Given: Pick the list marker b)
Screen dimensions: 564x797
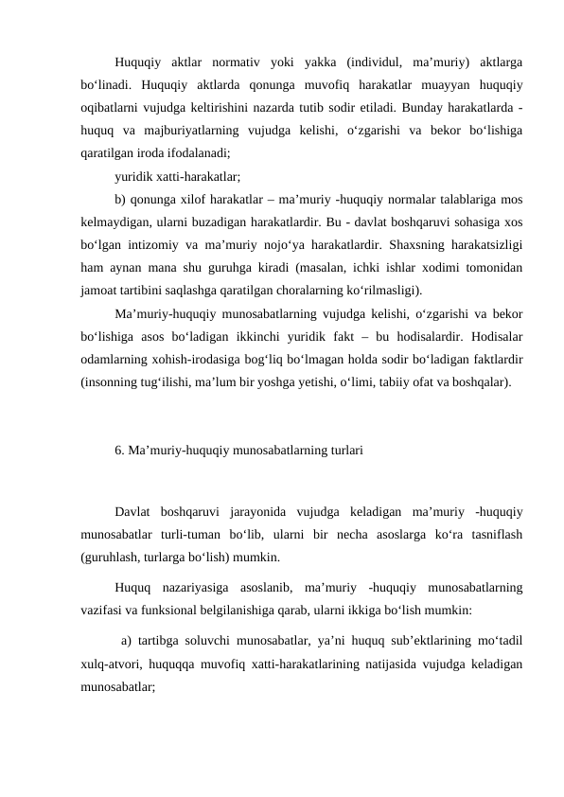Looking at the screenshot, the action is coord(120,199).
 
